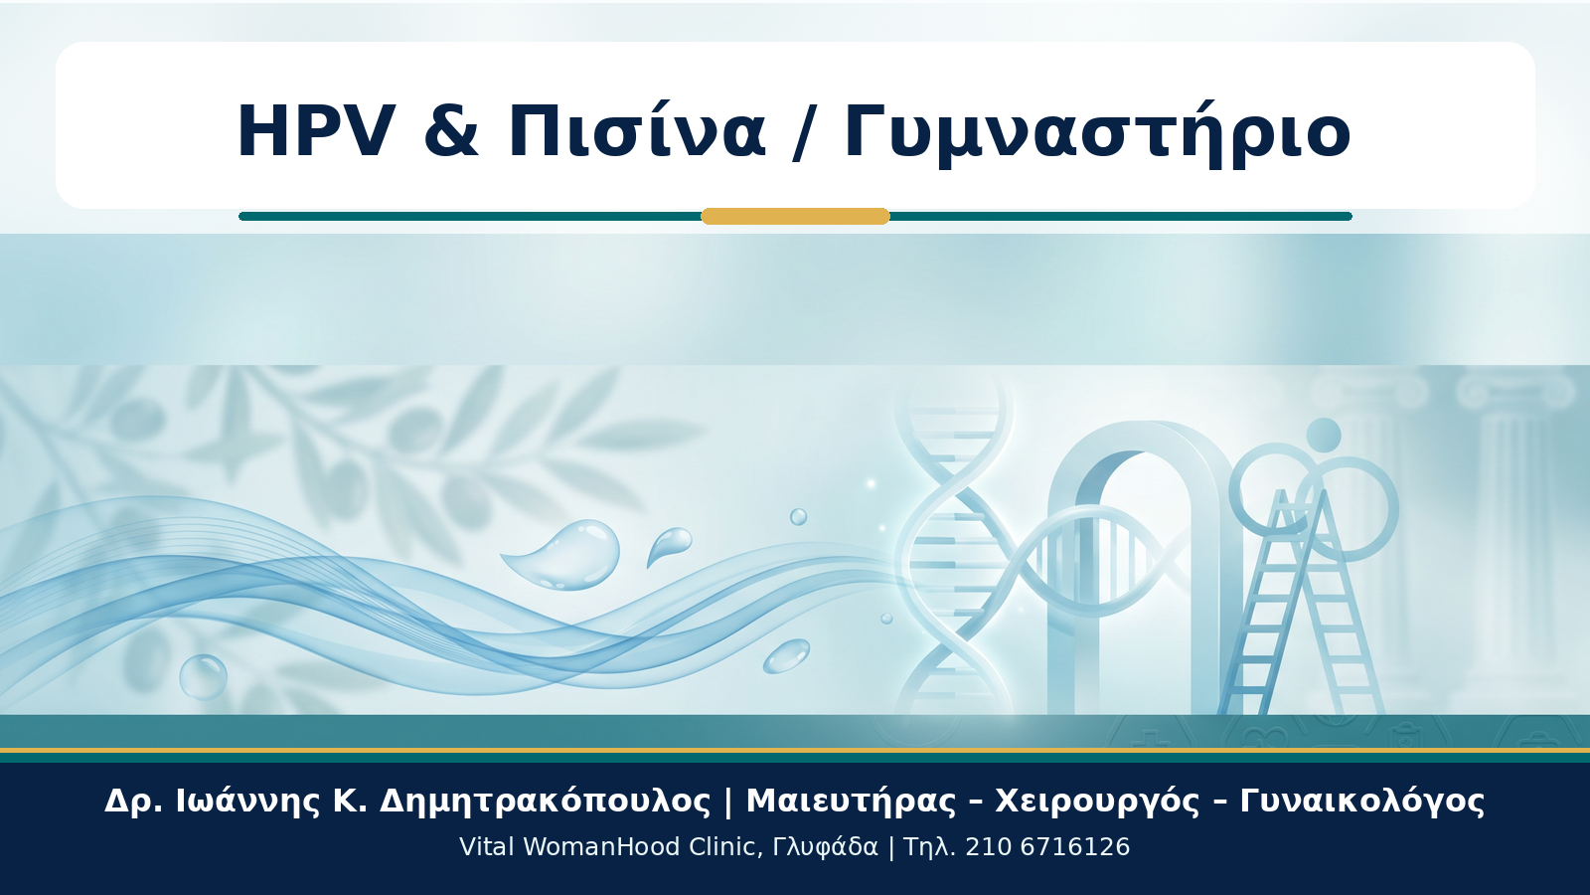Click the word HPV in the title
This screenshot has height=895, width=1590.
316,132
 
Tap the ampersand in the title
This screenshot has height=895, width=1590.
451,132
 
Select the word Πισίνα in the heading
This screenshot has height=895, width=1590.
637,130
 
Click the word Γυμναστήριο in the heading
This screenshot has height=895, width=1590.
1097,135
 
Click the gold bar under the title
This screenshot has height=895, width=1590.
795,216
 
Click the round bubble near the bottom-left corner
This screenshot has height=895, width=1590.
203,677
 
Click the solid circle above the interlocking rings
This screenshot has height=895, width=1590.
1324,435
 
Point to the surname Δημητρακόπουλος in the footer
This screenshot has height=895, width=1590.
546,802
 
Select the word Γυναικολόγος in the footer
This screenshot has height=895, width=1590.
1362,802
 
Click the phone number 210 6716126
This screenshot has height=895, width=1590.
1047,846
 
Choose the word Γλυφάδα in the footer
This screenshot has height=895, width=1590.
825,847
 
